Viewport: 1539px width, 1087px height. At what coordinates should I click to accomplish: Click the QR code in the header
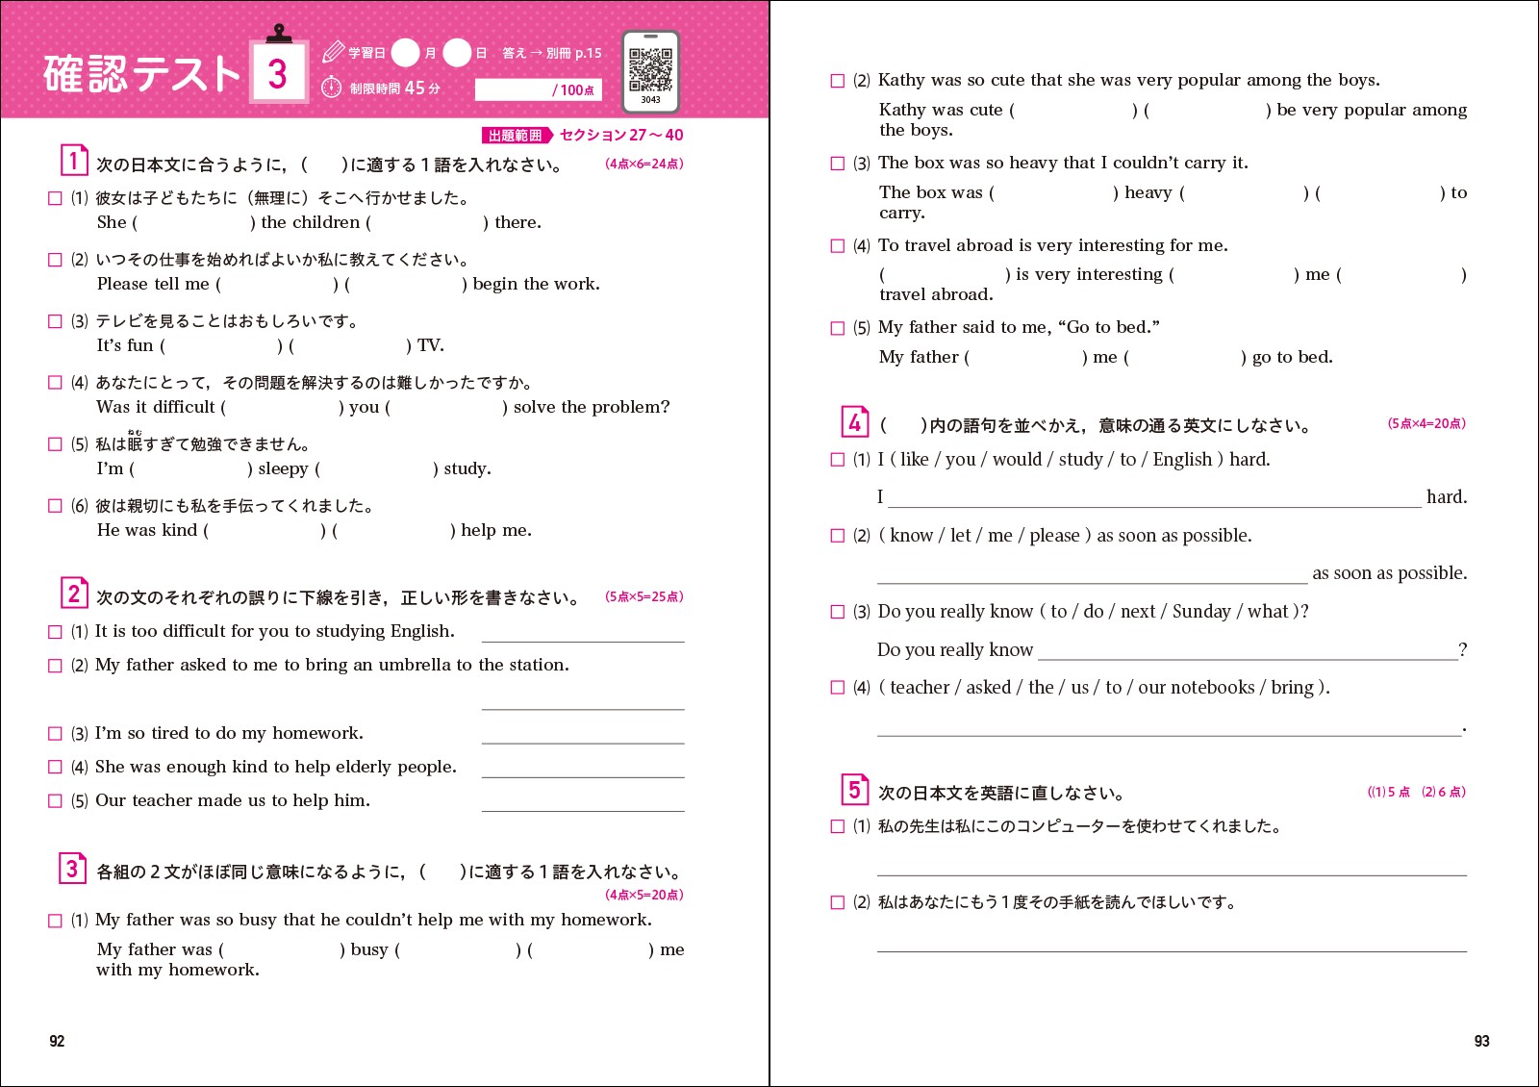[650, 69]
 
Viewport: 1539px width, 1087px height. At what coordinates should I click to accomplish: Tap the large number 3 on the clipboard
[278, 73]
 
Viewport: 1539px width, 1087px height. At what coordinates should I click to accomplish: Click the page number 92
[57, 1041]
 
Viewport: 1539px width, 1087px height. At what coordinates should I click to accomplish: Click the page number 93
[1481, 1041]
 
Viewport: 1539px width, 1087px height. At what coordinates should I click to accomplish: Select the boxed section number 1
[73, 161]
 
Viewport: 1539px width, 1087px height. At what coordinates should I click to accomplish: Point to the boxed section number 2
[73, 594]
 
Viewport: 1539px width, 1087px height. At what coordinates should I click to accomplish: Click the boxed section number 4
[854, 422]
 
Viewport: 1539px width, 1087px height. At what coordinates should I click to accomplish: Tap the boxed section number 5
[854, 790]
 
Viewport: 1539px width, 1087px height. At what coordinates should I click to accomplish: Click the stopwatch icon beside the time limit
[331, 88]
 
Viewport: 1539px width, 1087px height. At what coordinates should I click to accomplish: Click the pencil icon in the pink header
[333, 52]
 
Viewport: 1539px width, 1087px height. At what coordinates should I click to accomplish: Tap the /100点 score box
[538, 89]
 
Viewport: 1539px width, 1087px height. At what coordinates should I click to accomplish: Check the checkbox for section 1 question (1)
[55, 198]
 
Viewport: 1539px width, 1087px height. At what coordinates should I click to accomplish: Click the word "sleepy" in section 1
[283, 468]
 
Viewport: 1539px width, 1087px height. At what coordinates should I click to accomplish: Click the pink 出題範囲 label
[516, 136]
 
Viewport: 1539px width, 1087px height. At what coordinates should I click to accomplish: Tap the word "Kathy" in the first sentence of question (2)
[901, 80]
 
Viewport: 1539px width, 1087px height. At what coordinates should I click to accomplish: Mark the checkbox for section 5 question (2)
[837, 902]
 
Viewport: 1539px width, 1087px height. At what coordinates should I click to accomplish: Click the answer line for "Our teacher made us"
[583, 806]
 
